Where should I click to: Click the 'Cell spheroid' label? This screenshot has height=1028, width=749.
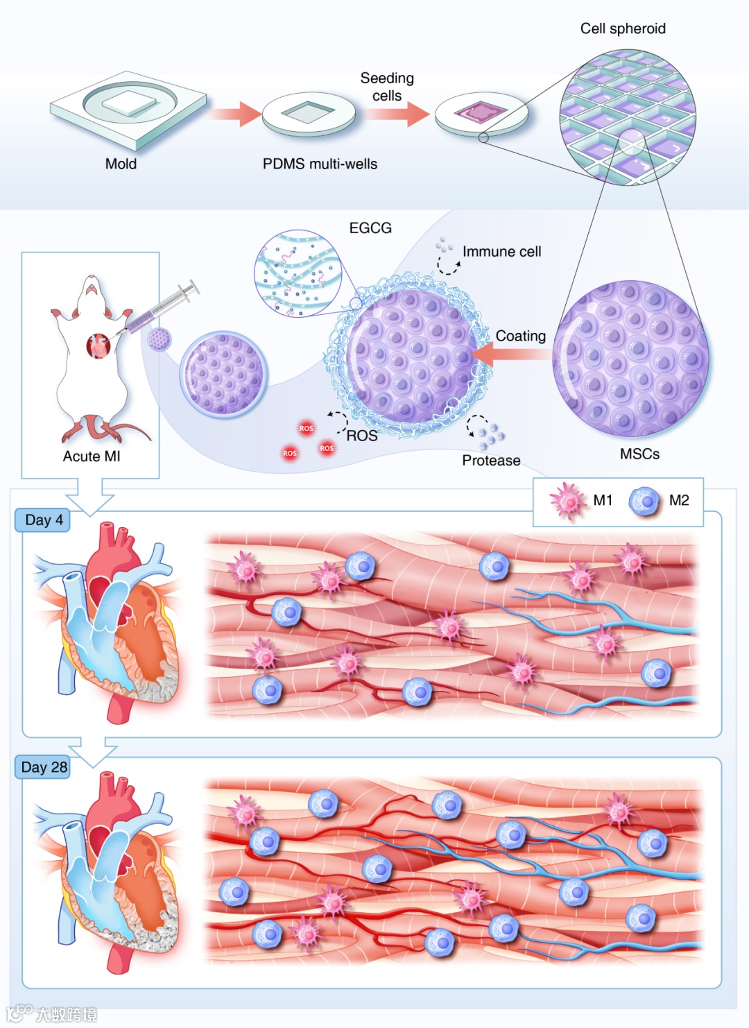point(623,28)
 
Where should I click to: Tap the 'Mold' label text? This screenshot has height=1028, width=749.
point(121,164)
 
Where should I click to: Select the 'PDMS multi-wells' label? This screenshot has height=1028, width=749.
point(320,164)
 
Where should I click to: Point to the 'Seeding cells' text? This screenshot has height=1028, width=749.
point(387,87)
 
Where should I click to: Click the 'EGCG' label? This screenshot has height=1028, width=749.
point(370,228)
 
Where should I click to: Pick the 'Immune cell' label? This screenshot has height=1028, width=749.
point(501,252)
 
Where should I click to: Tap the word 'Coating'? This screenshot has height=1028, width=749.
point(520,336)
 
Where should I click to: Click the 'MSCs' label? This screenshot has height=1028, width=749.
point(639,454)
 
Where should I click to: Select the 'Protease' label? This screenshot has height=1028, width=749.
point(491,460)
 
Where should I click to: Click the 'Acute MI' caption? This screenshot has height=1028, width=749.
point(92,456)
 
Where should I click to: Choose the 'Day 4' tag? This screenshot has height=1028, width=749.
point(44,520)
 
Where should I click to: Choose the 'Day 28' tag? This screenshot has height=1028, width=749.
point(44,766)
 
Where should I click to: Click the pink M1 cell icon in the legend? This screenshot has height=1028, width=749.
point(568,501)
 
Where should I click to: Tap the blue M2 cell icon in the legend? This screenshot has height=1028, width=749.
point(645,501)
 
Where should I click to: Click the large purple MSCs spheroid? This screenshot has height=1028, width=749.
point(630,359)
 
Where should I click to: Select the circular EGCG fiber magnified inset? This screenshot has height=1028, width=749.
point(298,273)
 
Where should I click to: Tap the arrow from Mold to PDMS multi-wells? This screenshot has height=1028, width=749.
point(235,113)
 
